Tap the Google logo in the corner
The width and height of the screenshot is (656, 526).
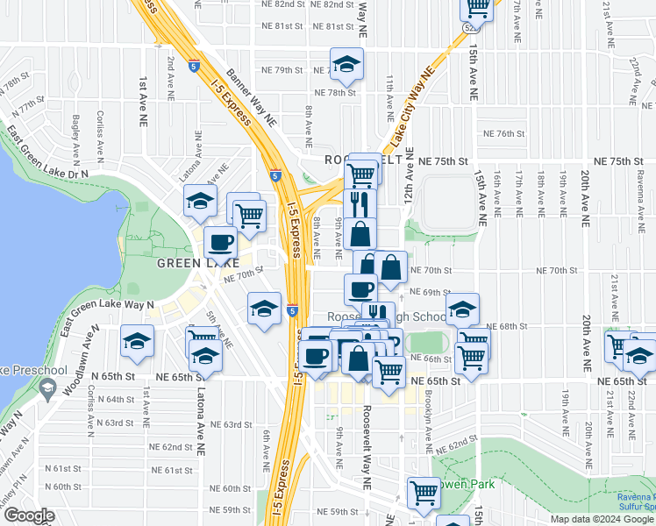coord(29,515)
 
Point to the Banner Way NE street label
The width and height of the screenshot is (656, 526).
coord(252,96)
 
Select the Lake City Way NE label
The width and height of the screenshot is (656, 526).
coord(411,109)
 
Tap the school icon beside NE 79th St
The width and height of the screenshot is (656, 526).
coord(346,64)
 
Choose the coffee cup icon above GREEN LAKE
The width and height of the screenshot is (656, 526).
coord(220,243)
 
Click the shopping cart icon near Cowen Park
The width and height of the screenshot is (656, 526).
coord(424,493)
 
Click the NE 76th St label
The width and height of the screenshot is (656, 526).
coord(503,134)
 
